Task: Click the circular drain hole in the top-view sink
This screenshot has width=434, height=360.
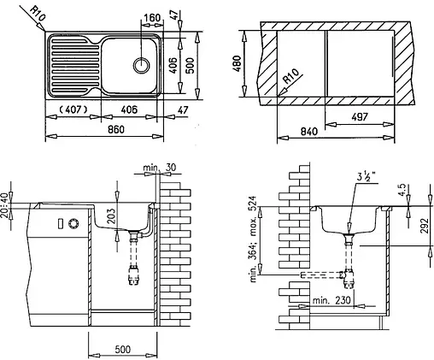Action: [x=141, y=64]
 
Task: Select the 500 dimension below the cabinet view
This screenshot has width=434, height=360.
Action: [x=122, y=350]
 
